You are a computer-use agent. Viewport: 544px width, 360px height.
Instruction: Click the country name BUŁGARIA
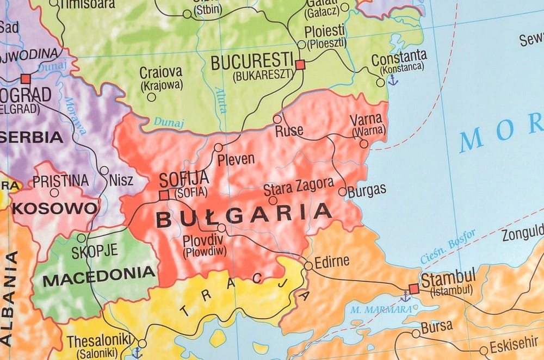pyautogui.click(x=243, y=214)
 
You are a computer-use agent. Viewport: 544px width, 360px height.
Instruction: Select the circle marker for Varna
pyautogui.click(x=364, y=144)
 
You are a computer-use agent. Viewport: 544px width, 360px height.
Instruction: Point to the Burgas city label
pyautogui.click(x=367, y=190)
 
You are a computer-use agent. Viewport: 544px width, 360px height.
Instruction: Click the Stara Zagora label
pyautogui.click(x=298, y=187)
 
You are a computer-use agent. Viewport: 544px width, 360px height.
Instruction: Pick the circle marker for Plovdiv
pyautogui.click(x=222, y=228)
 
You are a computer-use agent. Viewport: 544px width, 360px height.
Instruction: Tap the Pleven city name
pyautogui.click(x=236, y=159)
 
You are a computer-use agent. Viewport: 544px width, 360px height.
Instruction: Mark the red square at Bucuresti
pyautogui.click(x=300, y=65)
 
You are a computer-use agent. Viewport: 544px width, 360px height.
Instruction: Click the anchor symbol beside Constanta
pyautogui.click(x=393, y=80)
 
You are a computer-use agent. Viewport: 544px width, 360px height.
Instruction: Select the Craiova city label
pyautogui.click(x=161, y=72)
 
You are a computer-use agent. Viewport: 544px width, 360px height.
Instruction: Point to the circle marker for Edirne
pyautogui.click(x=308, y=266)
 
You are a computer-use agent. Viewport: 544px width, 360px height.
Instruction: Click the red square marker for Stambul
pyautogui.click(x=414, y=289)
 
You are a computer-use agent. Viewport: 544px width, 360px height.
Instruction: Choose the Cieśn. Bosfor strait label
pyautogui.click(x=448, y=246)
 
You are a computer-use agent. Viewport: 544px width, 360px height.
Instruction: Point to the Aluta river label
pyautogui.click(x=220, y=100)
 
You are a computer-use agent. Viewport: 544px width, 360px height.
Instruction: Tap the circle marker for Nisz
pyautogui.click(x=104, y=170)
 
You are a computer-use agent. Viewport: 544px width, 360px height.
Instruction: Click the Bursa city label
pyautogui.click(x=436, y=326)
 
